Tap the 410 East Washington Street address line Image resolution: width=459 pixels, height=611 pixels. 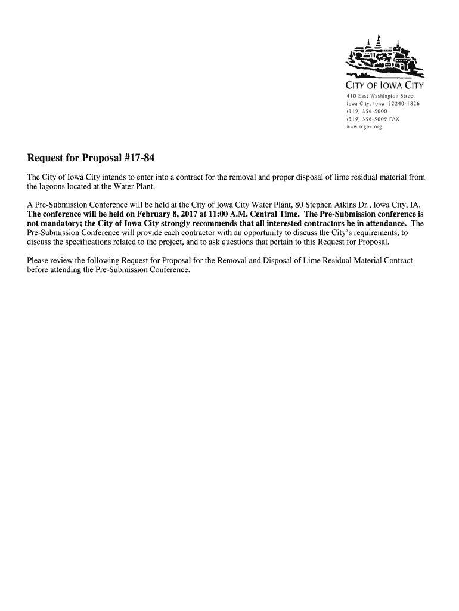click(x=376, y=95)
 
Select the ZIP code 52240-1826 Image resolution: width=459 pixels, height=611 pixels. click(x=404, y=103)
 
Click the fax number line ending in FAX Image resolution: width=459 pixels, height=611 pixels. click(x=373, y=119)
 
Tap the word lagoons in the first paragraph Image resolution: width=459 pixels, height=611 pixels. click(x=54, y=187)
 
